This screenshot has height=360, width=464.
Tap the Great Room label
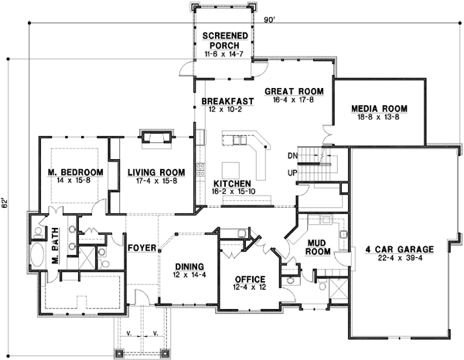pyautogui.click(x=293, y=90)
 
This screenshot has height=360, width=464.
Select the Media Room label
pyautogui.click(x=378, y=108)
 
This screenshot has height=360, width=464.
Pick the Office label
pyautogui.click(x=244, y=279)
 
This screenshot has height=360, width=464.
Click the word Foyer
pyautogui.click(x=140, y=249)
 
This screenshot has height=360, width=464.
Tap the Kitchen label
pyautogui.click(x=230, y=182)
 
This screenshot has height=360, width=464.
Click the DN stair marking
pyautogui.click(x=293, y=155)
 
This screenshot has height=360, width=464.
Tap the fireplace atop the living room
pyautogui.click(x=153, y=138)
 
